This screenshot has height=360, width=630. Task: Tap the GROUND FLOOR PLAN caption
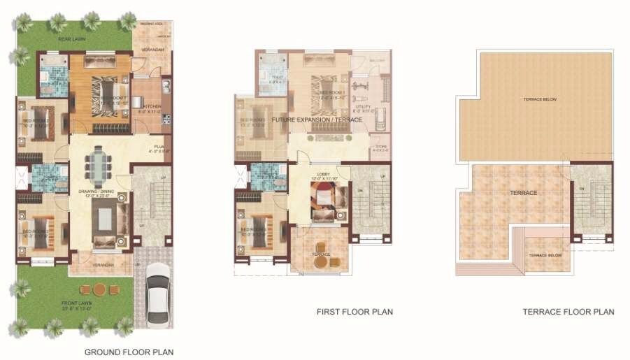coord(129,352)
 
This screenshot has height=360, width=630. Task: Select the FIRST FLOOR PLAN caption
coord(355,312)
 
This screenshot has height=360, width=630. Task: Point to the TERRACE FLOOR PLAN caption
coord(568,312)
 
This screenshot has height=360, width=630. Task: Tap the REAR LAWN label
coord(71,39)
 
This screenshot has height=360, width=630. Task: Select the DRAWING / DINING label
coord(98,192)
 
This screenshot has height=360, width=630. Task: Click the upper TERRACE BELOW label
coord(540,99)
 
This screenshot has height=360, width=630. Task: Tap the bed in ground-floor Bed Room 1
coord(100,91)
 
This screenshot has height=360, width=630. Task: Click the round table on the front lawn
coord(99,288)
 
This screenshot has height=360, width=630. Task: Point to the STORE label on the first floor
coord(379,147)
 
